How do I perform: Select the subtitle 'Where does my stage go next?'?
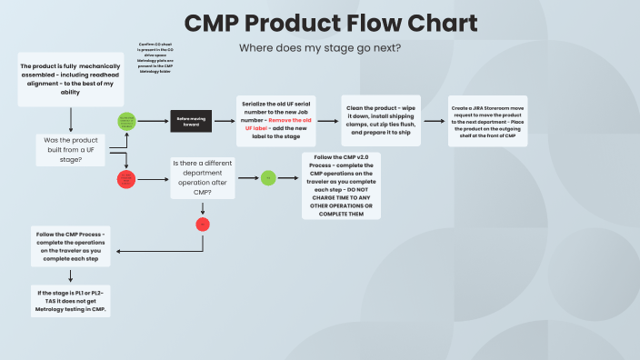click(x=319, y=47)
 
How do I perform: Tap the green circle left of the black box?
click(x=125, y=121)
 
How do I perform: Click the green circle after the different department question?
click(x=268, y=177)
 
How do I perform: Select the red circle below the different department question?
click(x=203, y=224)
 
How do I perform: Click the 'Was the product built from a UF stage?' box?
click(x=71, y=150)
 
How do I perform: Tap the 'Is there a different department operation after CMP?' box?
click(x=203, y=177)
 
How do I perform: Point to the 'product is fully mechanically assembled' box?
click(x=70, y=78)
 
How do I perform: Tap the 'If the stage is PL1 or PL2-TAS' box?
click(x=70, y=299)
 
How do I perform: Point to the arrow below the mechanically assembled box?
click(x=70, y=119)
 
